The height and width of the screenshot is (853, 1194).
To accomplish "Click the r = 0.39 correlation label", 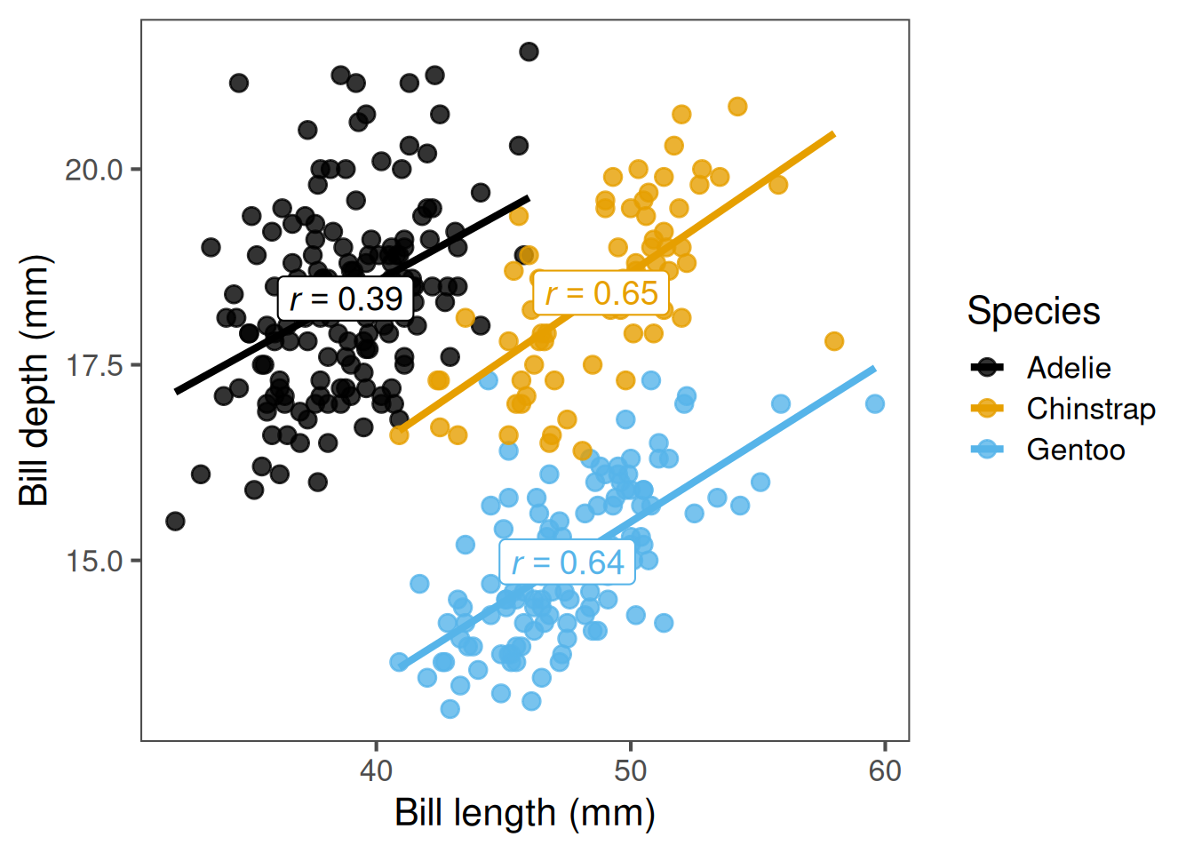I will point(346,299).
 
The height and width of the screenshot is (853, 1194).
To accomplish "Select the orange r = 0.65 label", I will point(601,293).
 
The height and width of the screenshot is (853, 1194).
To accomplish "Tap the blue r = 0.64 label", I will point(568,562).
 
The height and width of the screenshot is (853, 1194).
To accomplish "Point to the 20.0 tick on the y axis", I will point(93,169).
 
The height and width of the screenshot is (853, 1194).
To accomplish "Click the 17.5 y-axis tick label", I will point(93,365).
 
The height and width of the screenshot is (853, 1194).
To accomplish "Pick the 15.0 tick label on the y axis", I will point(93,561).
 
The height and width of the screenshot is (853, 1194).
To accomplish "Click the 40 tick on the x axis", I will point(376,770).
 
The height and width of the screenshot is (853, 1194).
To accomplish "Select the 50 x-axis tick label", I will point(631,770).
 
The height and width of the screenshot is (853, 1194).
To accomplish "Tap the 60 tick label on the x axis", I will point(885,770).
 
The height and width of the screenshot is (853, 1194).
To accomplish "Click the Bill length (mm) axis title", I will point(525,813).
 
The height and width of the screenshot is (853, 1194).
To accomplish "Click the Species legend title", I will point(1033,311).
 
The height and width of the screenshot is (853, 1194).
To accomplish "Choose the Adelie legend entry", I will point(1068,368).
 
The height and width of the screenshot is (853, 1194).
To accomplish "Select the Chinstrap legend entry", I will point(1090,409).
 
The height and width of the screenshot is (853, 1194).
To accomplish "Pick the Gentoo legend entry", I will point(1075,450).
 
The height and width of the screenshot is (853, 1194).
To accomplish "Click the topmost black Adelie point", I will point(529,52).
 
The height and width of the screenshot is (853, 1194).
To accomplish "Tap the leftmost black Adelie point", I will point(175,521).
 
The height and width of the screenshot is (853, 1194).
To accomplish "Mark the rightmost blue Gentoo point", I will point(875,404).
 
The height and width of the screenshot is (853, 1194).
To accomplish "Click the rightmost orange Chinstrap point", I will point(834,341).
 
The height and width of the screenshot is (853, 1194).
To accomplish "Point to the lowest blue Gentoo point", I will point(450,709).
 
